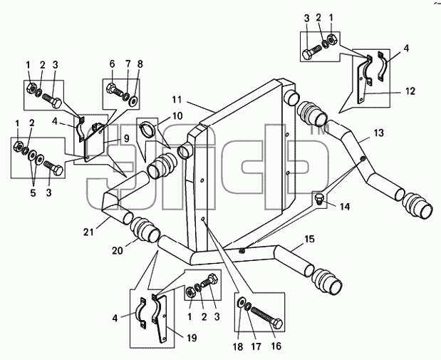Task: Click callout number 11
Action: pyautogui.click(x=177, y=100)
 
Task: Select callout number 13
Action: pyautogui.click(x=379, y=133)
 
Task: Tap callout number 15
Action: pyautogui.click(x=309, y=239)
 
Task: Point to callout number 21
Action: pyautogui.click(x=88, y=232)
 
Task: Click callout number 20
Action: pyautogui.click(x=118, y=250)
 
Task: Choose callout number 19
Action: pyautogui.click(x=192, y=338)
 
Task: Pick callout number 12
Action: pyautogui.click(x=410, y=91)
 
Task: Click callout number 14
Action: pyautogui.click(x=345, y=207)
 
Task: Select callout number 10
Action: pyautogui.click(x=177, y=116)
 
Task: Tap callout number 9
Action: pyautogui.click(x=126, y=138)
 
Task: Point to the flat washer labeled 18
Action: pyautogui.click(x=241, y=302)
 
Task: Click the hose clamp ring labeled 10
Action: pyautogui.click(x=147, y=128)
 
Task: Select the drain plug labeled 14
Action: pyautogui.click(x=319, y=199)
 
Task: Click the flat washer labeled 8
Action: pyautogui.click(x=133, y=101)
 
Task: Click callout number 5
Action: pyautogui.click(x=33, y=193)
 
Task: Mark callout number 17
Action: pyautogui.click(x=256, y=346)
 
